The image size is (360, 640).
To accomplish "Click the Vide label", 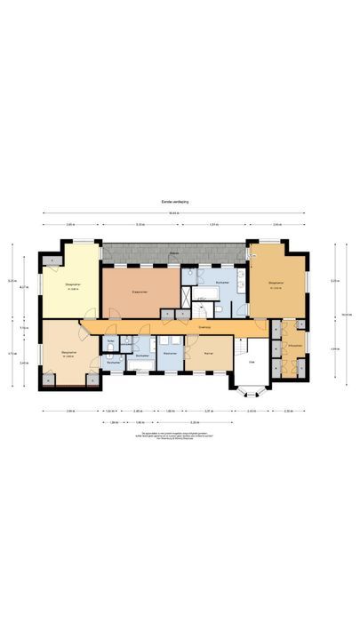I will point(252,362).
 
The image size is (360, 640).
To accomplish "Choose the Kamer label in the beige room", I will point(208,353).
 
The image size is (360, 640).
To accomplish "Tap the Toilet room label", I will point(109,341).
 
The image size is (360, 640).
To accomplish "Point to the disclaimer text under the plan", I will point(179,436).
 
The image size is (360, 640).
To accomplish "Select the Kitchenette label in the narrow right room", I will point(294,346).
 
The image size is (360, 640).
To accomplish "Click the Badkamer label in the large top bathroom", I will point(221,283).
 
